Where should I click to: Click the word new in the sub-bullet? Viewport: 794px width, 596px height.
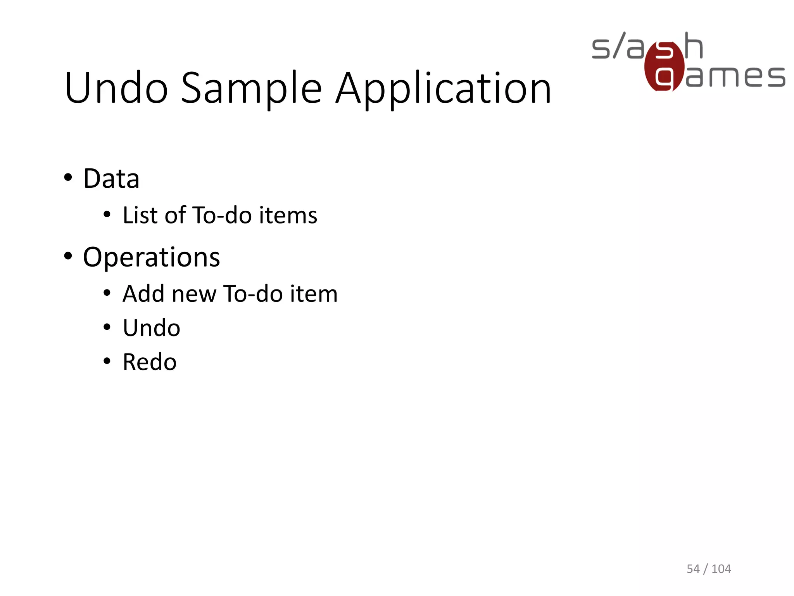(194, 294)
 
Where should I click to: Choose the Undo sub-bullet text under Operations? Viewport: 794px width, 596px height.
(151, 328)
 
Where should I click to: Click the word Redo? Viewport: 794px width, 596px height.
(149, 362)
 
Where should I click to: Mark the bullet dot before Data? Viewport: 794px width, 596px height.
(68, 178)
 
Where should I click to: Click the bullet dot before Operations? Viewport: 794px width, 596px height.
(68, 256)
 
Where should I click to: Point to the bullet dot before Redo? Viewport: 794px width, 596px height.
(107, 361)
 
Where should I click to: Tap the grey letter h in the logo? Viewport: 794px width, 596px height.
(694, 46)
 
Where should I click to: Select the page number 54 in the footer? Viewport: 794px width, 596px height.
(693, 569)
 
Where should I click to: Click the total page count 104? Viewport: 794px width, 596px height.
(721, 569)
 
